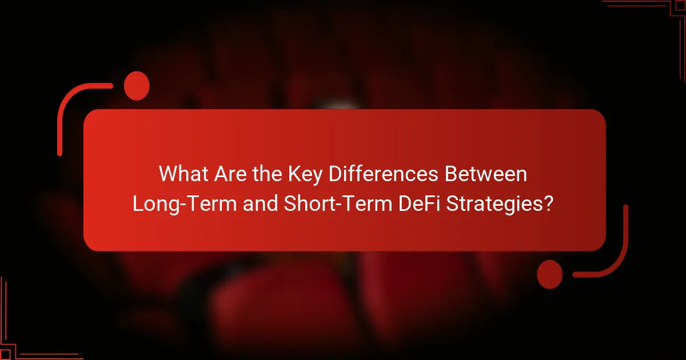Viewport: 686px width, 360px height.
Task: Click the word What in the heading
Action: coord(182,174)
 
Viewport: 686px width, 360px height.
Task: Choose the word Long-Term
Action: coord(185,204)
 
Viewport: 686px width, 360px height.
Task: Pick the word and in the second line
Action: coord(261,204)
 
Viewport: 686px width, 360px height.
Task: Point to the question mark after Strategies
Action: coord(548,204)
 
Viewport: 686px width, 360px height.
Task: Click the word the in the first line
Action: coord(265,174)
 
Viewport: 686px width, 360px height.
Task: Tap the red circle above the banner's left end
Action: coord(137,86)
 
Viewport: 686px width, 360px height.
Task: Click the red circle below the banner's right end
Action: coord(550,274)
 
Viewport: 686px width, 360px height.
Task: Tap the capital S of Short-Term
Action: coord(289,204)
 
